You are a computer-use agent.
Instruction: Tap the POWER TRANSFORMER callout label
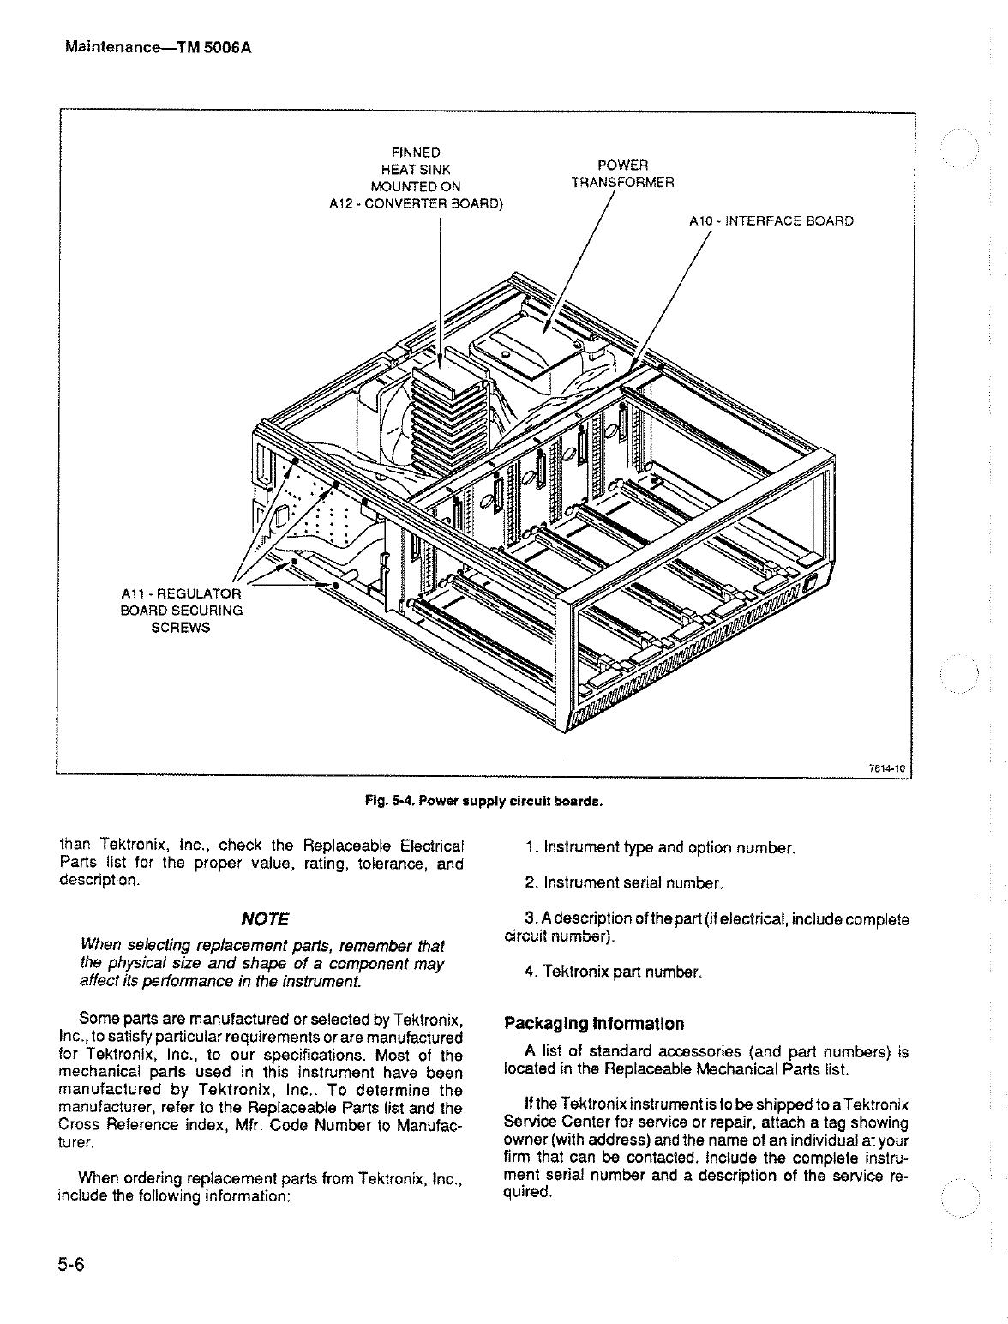coord(622,173)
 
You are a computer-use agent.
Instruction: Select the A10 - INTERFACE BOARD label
coord(771,221)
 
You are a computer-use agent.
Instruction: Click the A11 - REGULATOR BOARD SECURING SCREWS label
coord(181,610)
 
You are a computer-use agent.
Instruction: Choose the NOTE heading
coord(266,919)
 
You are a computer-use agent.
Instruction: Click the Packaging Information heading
coord(594,1024)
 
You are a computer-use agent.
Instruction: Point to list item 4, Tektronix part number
coord(614,972)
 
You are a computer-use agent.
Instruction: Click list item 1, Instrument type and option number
coord(662,849)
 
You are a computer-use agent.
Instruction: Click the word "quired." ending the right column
coord(526,1192)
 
